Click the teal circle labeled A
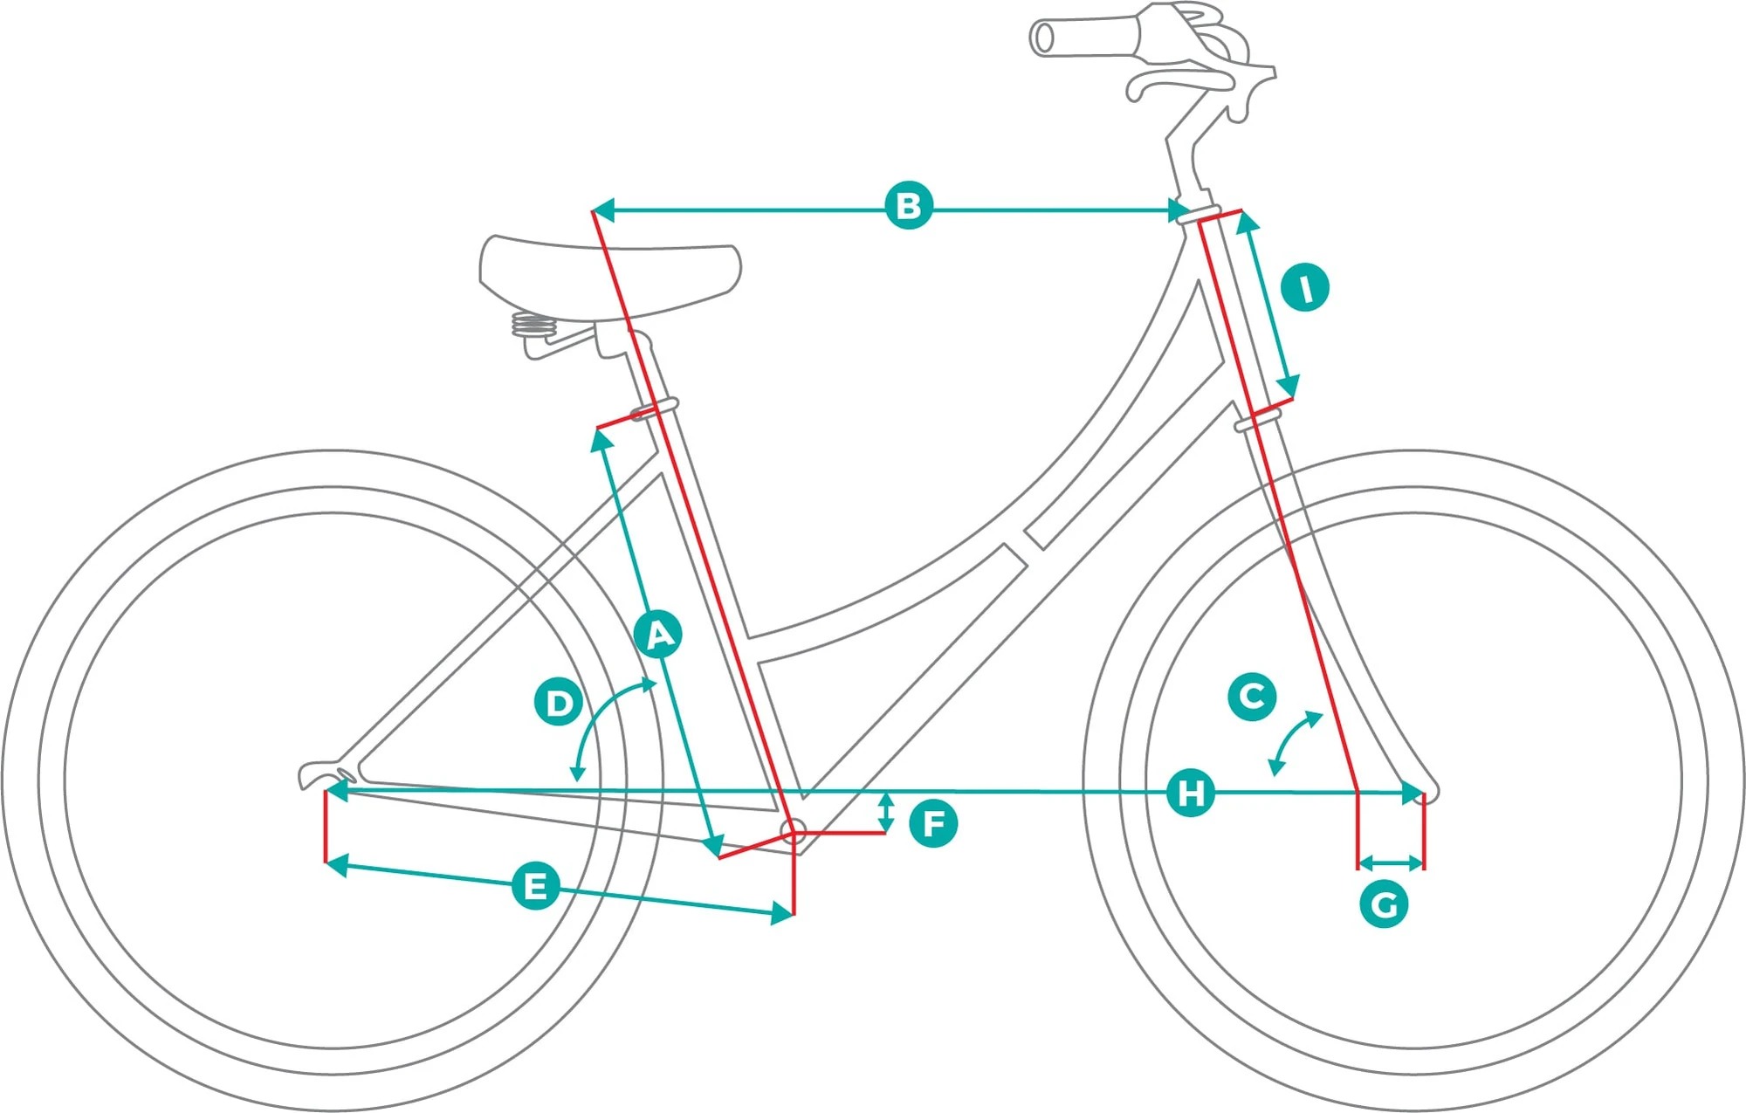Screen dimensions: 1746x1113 pyautogui.click(x=659, y=635)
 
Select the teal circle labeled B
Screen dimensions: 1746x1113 pyautogui.click(x=908, y=206)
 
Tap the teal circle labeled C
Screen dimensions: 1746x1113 pyautogui.click(x=1252, y=697)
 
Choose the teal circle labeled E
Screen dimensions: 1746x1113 pyautogui.click(x=535, y=885)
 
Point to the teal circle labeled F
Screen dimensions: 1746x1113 pyautogui.click(x=933, y=823)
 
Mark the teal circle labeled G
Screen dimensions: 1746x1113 pyautogui.click(x=1384, y=904)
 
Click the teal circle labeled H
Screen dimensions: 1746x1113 pyautogui.click(x=1191, y=794)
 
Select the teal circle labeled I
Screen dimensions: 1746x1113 pyautogui.click(x=1305, y=288)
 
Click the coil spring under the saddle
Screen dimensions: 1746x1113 pyautogui.click(x=533, y=326)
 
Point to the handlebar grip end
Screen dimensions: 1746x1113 pyautogui.click(x=1042, y=38)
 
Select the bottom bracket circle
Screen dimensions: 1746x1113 pyautogui.click(x=793, y=831)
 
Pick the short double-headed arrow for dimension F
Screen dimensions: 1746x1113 pyautogui.click(x=886, y=812)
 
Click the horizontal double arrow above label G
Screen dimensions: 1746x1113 pyautogui.click(x=1392, y=864)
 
